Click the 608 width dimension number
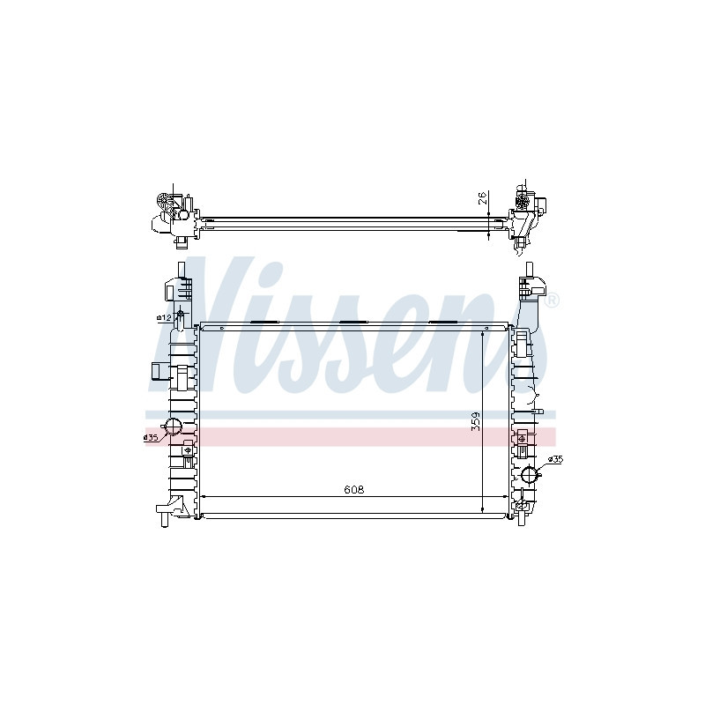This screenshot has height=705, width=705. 354,489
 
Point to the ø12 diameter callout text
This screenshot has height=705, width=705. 163,317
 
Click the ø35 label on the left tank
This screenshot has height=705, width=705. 150,436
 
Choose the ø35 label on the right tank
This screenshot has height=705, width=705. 555,459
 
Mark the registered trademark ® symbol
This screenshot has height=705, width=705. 552,301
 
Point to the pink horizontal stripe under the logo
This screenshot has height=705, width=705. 352,436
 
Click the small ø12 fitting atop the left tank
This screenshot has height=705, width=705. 181,315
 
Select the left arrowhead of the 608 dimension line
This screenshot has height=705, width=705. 204,497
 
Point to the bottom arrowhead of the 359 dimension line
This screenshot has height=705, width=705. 483,509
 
